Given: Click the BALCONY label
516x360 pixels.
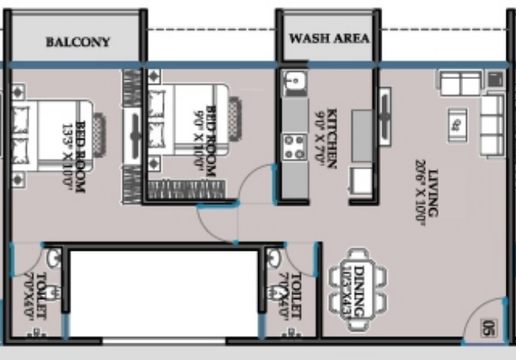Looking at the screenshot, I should pyautogui.click(x=78, y=41).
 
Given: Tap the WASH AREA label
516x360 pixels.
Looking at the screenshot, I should pyautogui.click(x=329, y=38).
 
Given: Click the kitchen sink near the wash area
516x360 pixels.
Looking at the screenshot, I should pyautogui.click(x=293, y=82).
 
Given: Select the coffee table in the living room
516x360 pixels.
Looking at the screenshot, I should pyautogui.click(x=457, y=122).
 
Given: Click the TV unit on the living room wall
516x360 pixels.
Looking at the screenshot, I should pyautogui.click(x=385, y=116).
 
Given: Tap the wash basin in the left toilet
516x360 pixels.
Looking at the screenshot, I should pyautogui.click(x=52, y=259).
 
